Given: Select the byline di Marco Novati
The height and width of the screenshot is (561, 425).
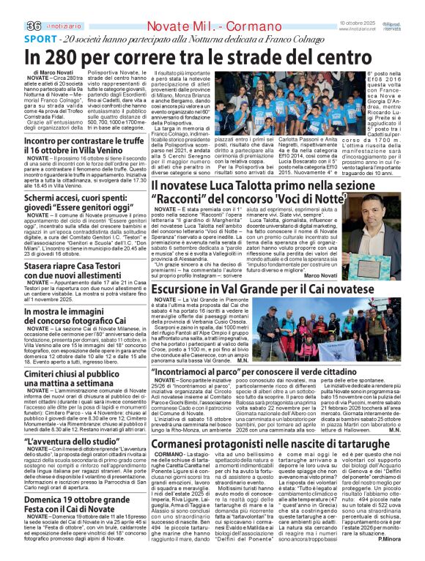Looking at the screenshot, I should tap(53, 73).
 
